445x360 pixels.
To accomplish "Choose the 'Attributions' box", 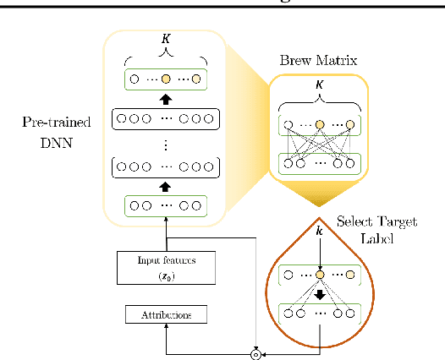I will point(165,314).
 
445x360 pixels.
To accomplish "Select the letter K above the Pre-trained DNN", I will point(166,41).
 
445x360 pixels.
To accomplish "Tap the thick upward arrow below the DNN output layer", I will point(166,98).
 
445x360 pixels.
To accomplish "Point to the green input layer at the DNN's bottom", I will point(166,205).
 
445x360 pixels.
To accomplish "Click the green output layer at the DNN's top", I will point(166,79).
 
